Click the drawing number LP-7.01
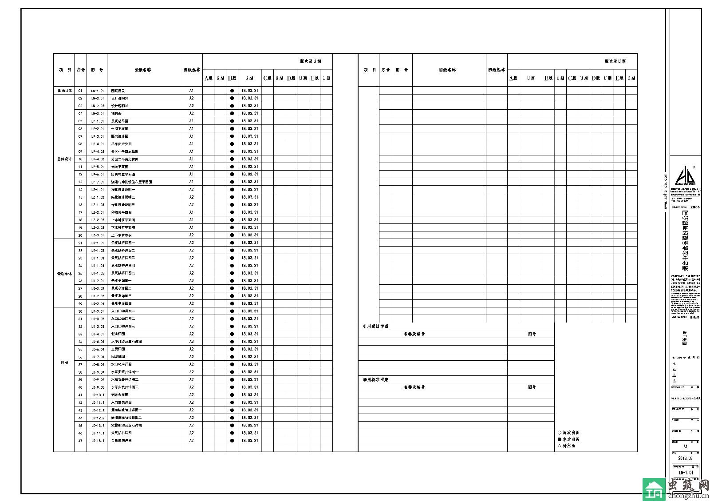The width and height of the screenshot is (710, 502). (98, 182)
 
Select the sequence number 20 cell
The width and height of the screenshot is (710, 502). (80, 235)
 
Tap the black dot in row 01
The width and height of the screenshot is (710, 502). (232, 91)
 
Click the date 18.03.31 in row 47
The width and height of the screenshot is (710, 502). (249, 441)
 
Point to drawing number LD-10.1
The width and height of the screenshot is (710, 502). (98, 395)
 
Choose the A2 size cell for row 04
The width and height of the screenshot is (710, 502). (191, 114)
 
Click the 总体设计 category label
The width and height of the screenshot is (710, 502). (64, 159)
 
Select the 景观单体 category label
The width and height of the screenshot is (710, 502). (64, 274)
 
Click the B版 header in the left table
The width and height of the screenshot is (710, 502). (232, 78)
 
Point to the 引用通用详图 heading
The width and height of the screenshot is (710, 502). (375, 326)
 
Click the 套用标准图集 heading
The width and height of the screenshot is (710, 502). (375, 380)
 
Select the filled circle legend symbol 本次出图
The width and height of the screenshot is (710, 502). (559, 439)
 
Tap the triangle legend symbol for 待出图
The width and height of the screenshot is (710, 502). (559, 446)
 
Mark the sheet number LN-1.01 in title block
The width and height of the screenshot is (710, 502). (685, 473)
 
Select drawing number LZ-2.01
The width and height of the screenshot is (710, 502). (98, 212)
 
